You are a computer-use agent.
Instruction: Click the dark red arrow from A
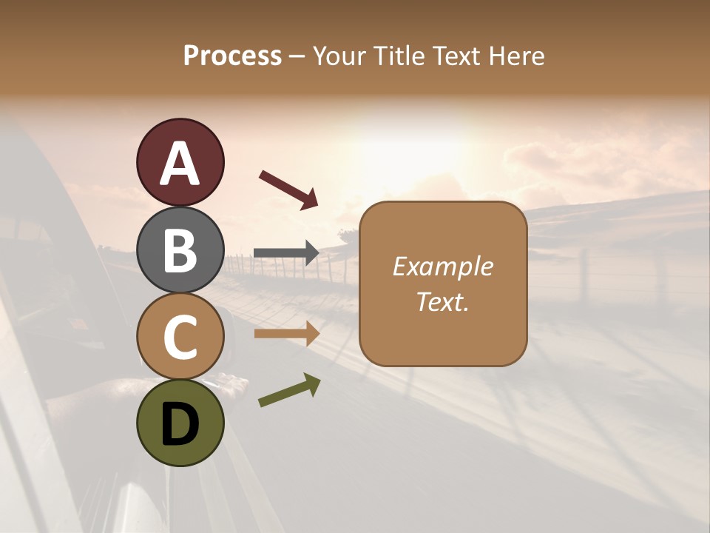(288, 190)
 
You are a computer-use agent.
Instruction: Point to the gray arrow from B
(286, 253)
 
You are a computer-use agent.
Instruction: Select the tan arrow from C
(286, 334)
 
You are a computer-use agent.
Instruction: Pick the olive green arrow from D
(289, 390)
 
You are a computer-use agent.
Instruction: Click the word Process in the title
(232, 56)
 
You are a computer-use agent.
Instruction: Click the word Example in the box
(442, 266)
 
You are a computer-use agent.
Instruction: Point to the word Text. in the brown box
(442, 301)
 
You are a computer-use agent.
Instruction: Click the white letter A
(180, 163)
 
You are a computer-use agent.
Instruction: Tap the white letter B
(180, 249)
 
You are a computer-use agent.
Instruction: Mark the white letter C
(180, 337)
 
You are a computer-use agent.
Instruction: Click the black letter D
(180, 423)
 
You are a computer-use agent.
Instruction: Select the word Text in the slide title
(457, 56)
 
